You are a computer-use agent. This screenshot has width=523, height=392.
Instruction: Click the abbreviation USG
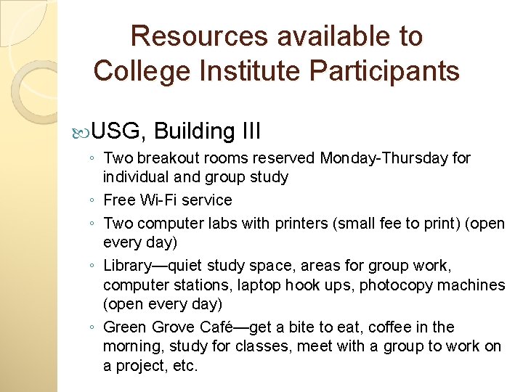tap(120, 131)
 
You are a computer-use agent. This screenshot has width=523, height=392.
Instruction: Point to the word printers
tap(303, 224)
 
